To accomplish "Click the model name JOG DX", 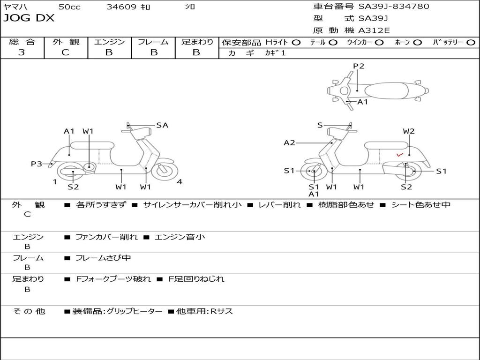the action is click(x=29, y=18).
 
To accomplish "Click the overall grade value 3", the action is click(x=22, y=52).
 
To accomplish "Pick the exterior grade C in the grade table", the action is click(x=65, y=52).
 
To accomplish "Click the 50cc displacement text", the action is click(x=69, y=7).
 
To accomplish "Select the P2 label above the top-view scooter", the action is click(x=359, y=66).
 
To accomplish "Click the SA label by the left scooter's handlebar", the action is click(x=162, y=125).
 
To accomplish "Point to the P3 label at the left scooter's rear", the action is click(x=37, y=164).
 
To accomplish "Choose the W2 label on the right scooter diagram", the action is click(x=409, y=131).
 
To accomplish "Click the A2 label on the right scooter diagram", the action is click(x=290, y=143).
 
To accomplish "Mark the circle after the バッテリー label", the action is click(x=471, y=42).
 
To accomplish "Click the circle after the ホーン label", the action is click(x=417, y=42).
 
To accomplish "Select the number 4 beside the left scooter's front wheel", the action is click(x=180, y=182).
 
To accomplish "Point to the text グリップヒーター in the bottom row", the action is click(x=135, y=311).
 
